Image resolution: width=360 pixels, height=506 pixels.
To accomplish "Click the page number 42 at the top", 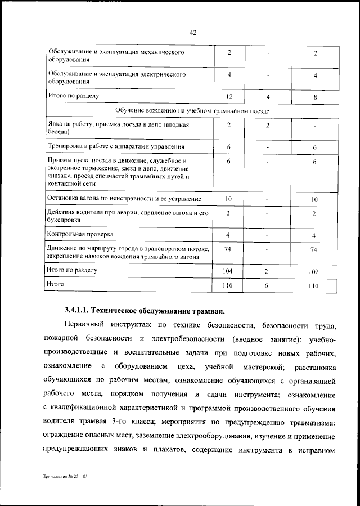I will (192, 33).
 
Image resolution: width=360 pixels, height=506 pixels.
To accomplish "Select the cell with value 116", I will (228, 286).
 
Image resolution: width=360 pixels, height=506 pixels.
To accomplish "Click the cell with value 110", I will (314, 286).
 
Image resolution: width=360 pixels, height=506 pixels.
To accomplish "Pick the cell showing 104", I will (228, 271).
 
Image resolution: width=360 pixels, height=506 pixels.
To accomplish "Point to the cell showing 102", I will (314, 271).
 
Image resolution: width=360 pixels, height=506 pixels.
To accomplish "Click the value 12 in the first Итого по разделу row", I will (228, 97).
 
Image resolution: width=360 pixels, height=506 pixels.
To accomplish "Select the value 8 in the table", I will (314, 97).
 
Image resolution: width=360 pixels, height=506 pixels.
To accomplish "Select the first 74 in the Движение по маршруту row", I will (228, 249).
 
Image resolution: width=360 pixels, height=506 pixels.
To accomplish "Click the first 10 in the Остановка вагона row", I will (228, 199).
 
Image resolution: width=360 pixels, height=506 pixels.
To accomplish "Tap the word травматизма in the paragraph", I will (307, 422).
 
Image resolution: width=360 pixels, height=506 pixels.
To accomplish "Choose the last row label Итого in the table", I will (55, 285).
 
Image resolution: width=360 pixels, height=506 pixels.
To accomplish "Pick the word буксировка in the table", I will (66, 221).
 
